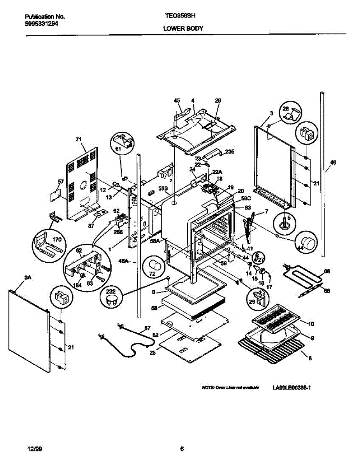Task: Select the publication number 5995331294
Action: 42,23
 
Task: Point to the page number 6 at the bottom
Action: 181,449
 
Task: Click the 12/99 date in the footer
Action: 34,449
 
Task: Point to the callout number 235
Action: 230,152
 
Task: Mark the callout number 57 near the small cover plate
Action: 60,181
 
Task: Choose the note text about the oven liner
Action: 230,388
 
